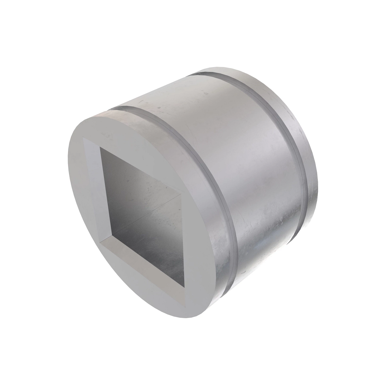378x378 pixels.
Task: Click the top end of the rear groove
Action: [x=202, y=74]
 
